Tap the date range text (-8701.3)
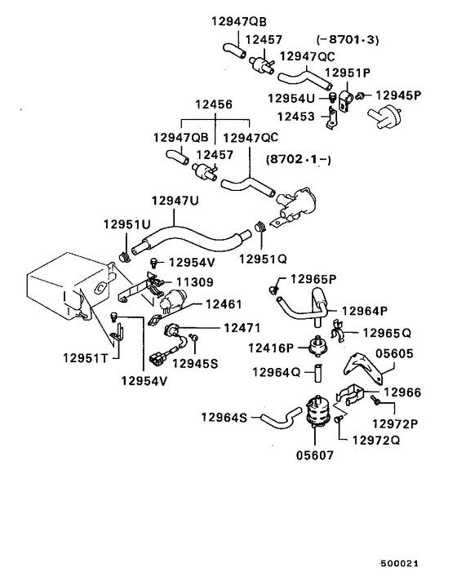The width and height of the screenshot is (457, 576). pyautogui.click(x=348, y=39)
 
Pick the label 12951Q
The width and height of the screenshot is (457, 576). pyautogui.click(x=263, y=259)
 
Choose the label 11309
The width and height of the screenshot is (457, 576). pyautogui.click(x=197, y=281)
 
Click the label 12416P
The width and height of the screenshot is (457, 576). pyautogui.click(x=271, y=348)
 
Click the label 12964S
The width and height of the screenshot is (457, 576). pyautogui.click(x=224, y=417)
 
